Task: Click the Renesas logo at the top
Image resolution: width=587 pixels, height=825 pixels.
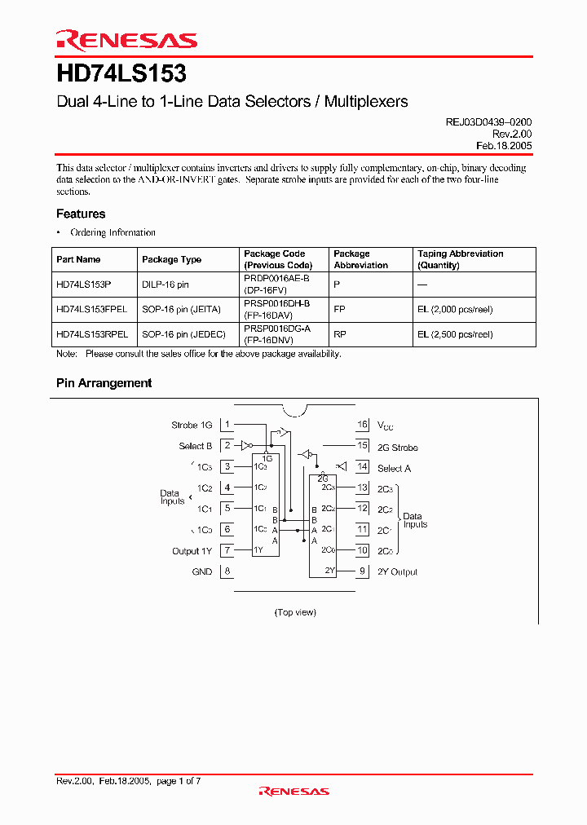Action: [x=126, y=40]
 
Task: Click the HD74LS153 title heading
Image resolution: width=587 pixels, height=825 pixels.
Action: [x=121, y=74]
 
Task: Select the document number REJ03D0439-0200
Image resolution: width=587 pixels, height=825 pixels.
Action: [x=488, y=121]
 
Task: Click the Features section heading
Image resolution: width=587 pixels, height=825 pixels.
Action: [x=81, y=214]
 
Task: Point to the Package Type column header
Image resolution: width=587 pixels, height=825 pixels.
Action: [x=171, y=259]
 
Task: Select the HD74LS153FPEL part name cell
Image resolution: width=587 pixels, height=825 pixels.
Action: [x=91, y=310]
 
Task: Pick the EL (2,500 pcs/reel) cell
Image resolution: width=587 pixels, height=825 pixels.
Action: [x=455, y=334]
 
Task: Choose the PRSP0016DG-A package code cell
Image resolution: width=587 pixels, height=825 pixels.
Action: [x=276, y=329]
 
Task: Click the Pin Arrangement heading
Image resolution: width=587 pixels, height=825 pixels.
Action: [x=104, y=382]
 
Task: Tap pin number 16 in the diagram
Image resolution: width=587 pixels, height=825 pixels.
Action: [x=363, y=425]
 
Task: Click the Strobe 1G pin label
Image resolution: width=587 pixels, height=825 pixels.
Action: [x=192, y=425]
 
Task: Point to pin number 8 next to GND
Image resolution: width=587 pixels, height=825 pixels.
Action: [x=227, y=571]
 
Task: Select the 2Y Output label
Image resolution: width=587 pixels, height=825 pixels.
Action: [x=397, y=571]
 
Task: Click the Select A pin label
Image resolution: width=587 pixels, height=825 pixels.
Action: [x=394, y=468]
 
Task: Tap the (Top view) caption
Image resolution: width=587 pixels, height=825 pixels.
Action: [x=295, y=612]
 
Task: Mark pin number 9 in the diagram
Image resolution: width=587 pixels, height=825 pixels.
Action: [x=362, y=571]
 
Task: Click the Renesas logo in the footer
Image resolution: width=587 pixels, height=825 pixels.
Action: [x=293, y=791]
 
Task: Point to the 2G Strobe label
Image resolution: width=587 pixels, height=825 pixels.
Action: [x=397, y=447]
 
